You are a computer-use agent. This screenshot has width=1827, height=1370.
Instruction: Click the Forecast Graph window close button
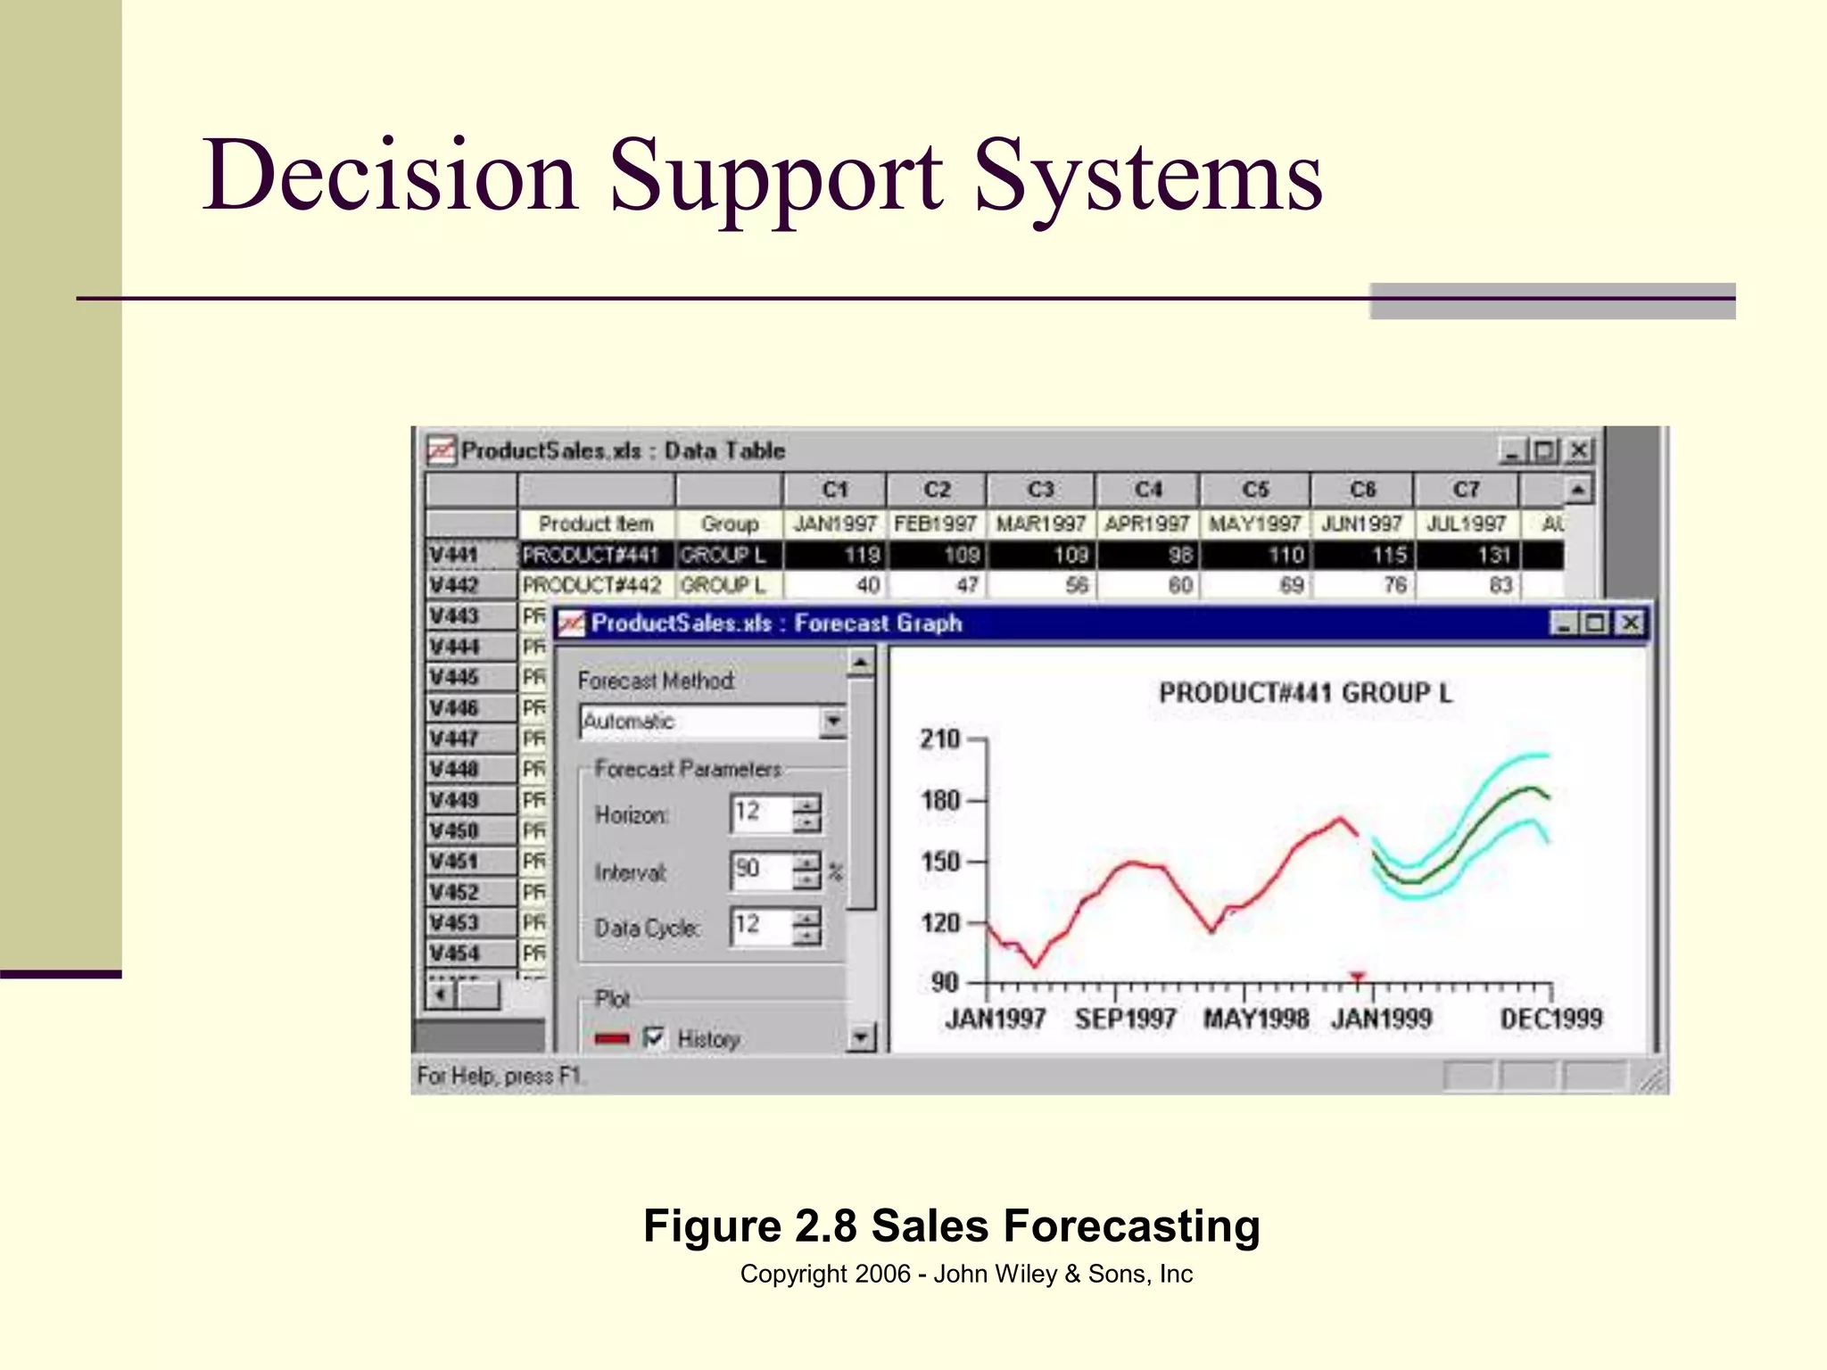point(1630,623)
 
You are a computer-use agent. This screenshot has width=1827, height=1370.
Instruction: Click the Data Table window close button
point(1578,450)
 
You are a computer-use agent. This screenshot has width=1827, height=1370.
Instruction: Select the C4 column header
point(1148,490)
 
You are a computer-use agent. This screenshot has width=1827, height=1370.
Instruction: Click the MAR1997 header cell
point(1040,524)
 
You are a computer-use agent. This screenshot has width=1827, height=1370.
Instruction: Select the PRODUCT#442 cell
point(592,585)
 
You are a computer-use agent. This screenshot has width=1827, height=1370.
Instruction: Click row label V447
point(455,739)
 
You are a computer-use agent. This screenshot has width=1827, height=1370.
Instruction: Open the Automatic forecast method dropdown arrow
point(832,721)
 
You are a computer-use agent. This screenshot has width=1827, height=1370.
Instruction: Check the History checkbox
point(654,1037)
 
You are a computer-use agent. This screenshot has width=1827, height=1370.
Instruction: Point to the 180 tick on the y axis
point(940,800)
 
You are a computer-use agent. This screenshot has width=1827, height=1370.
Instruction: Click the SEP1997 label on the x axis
point(1125,1019)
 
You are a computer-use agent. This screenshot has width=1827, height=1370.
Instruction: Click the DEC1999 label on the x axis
point(1550,1019)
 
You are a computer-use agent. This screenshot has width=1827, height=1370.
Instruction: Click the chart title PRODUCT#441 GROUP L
point(1305,693)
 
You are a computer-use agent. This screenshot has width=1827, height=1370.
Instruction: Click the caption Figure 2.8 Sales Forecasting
point(951,1226)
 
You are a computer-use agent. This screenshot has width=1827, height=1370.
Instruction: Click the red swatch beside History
point(612,1038)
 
